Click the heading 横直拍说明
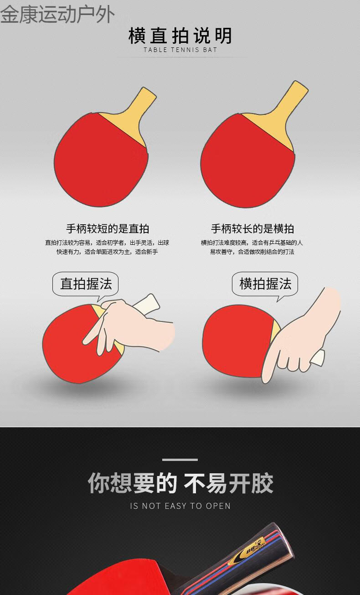pyautogui.click(x=180, y=36)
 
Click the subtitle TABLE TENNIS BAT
pyautogui.click(x=180, y=50)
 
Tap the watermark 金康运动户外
pyautogui.click(x=57, y=14)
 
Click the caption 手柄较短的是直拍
pyautogui.click(x=108, y=229)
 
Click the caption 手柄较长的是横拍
pyautogui.click(x=252, y=229)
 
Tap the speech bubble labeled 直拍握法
pyautogui.click(x=86, y=284)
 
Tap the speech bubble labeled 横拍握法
pyautogui.click(x=265, y=284)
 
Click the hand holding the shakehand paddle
pyautogui.click(x=305, y=337)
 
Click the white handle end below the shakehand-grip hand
pyautogui.click(x=318, y=357)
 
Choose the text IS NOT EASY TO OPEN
pyautogui.click(x=180, y=506)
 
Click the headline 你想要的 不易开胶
pyautogui.click(x=180, y=483)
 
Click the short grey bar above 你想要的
pyautogui.click(x=180, y=460)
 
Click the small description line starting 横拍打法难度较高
pyautogui.click(x=252, y=243)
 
